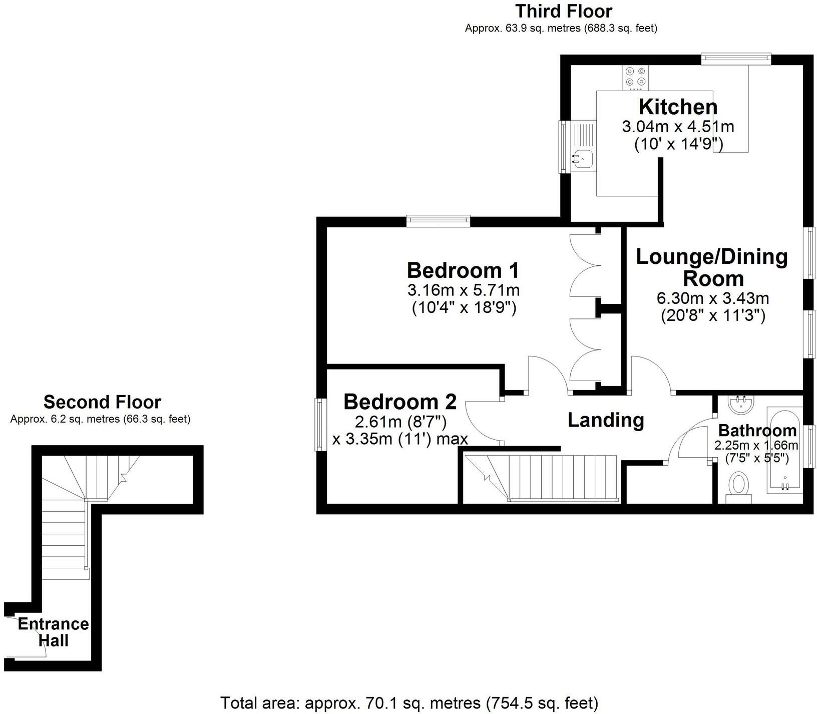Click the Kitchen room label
pos(678,107)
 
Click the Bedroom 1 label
pos(463,270)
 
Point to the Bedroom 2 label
pos(400,402)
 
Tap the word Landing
pos(605,420)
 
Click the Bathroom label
pos(757,431)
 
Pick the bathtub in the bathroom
pos(783,451)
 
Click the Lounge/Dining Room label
pos(712,267)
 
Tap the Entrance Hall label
pos(53,632)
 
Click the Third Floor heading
pos(564,11)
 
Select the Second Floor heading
pos(102,402)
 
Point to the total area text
pos(409,703)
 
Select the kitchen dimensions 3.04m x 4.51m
pos(678,126)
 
